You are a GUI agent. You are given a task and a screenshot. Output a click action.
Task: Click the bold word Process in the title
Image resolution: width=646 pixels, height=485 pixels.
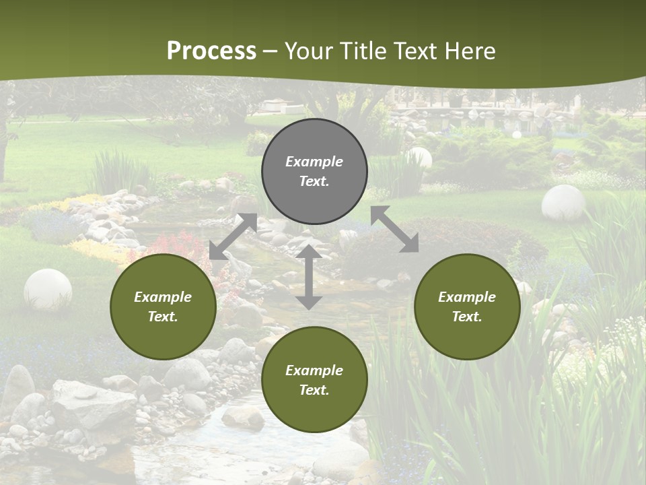(211, 51)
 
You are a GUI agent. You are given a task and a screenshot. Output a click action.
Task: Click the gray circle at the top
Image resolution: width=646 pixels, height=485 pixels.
(314, 172)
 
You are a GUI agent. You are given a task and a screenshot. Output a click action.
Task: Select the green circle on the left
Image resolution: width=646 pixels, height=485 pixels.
(163, 306)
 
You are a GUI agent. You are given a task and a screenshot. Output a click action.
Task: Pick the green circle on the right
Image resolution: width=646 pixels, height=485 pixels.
(467, 306)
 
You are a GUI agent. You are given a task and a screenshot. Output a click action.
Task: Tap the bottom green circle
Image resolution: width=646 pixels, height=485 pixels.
(314, 380)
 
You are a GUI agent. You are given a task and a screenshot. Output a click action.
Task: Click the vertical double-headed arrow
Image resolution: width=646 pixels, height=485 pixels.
(309, 276)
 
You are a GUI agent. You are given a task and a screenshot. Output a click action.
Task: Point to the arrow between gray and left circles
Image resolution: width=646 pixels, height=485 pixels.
(233, 236)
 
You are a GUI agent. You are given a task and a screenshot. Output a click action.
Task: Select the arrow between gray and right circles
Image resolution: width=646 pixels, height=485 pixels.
(394, 229)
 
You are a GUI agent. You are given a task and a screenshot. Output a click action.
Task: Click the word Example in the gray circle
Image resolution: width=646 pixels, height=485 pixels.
(314, 162)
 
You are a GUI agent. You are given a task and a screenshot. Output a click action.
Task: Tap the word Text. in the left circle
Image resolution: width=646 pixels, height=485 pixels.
(163, 317)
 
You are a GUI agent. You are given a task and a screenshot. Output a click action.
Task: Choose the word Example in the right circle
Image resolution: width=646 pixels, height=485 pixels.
(467, 297)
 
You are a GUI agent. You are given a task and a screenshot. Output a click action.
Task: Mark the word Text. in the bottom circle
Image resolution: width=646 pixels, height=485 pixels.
(314, 390)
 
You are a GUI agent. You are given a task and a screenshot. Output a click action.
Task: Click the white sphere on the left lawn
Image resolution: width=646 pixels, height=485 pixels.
(48, 289)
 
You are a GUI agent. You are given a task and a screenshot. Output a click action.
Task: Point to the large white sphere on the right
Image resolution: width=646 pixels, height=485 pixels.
(563, 203)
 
